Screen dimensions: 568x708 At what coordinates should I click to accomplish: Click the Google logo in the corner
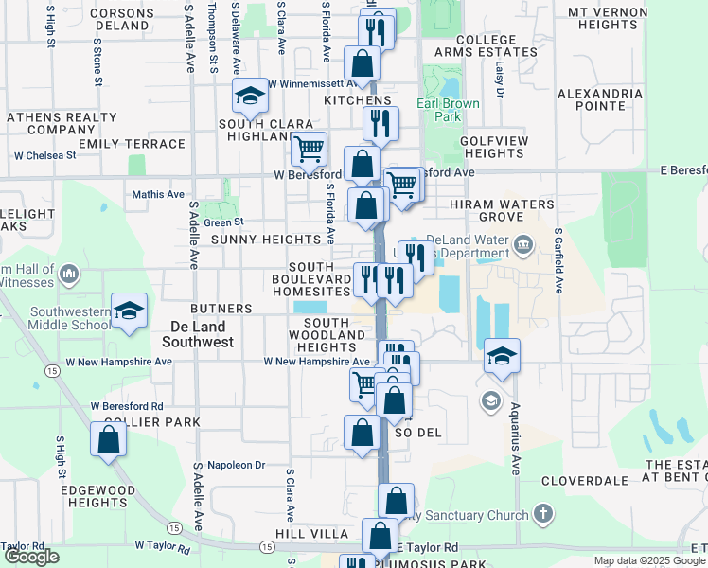point(31,557)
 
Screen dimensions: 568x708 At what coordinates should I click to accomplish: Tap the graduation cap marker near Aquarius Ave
point(503,356)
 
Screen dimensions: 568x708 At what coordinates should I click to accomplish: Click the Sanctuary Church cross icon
point(542,514)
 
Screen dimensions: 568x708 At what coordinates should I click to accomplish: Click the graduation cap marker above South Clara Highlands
point(251,96)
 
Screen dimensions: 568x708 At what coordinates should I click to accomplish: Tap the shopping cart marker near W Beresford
point(309,148)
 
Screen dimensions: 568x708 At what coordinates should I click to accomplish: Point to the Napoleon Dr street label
point(237,465)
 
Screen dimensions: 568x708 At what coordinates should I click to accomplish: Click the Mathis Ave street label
point(158,194)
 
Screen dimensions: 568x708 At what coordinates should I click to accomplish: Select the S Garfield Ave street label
point(559,260)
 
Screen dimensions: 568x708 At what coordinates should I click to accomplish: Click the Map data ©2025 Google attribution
point(647,560)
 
